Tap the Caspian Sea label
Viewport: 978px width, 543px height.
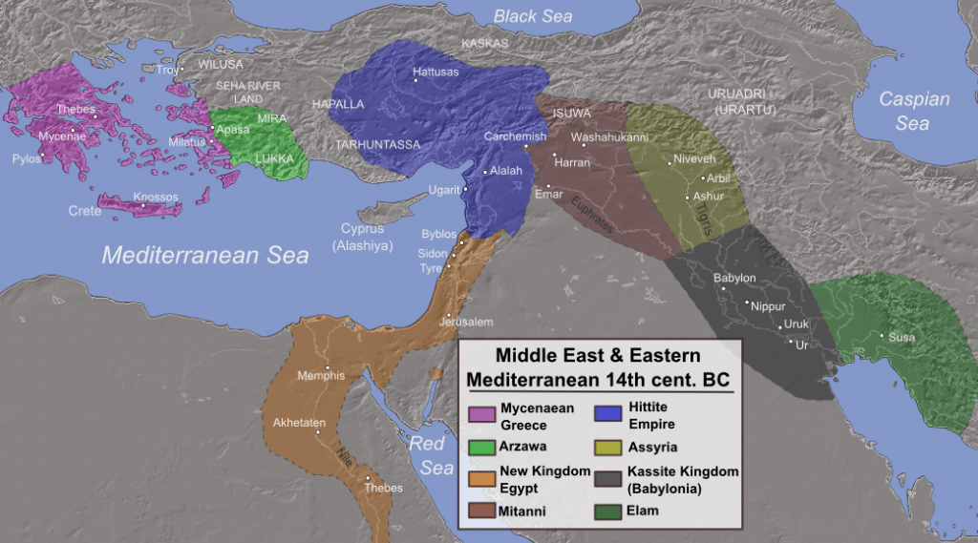pyautogui.click(x=914, y=111)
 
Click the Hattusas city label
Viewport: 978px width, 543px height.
pyautogui.click(x=436, y=72)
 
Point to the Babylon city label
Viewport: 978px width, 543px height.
pyautogui.click(x=734, y=278)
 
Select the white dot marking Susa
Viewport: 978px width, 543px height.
pyautogui.click(x=881, y=336)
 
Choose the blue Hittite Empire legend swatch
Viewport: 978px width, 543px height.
pyautogui.click(x=607, y=414)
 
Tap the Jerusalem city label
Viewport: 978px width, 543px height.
pyautogui.click(x=466, y=322)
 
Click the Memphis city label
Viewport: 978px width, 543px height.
pyautogui.click(x=321, y=375)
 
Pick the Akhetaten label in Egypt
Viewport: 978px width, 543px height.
pyautogui.click(x=300, y=421)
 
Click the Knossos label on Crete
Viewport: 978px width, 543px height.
pyautogui.click(x=156, y=198)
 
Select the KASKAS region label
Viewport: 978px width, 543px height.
pyautogui.click(x=485, y=44)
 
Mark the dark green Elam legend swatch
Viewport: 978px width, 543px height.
pyautogui.click(x=607, y=511)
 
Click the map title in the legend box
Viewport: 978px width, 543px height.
pyautogui.click(x=598, y=367)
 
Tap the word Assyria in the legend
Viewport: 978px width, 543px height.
pyautogui.click(x=655, y=446)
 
